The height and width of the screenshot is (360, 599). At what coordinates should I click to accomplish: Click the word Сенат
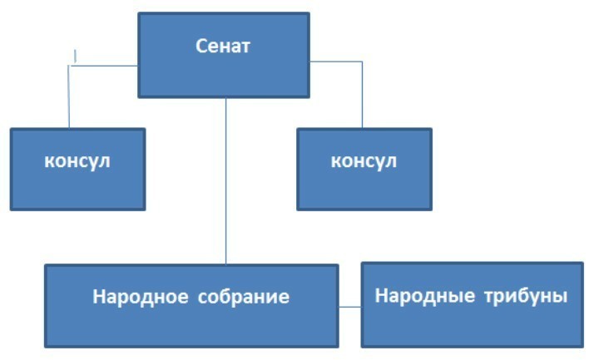(x=223, y=46)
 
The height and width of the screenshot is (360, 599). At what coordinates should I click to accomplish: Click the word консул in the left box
(x=77, y=160)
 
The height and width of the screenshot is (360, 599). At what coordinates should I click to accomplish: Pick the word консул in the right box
(x=364, y=160)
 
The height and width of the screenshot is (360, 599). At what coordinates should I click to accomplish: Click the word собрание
(x=244, y=297)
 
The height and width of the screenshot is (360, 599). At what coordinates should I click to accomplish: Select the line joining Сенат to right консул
(x=363, y=91)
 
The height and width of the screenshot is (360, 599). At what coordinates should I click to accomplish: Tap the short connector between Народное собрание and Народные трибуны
(x=350, y=307)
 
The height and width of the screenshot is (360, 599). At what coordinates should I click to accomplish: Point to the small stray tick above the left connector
(x=76, y=56)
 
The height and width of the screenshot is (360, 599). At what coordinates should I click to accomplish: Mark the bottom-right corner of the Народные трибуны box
(x=582, y=347)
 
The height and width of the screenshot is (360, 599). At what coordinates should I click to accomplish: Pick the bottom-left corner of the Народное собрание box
(x=45, y=347)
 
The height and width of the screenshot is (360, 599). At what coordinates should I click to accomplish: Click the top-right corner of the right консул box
(x=431, y=129)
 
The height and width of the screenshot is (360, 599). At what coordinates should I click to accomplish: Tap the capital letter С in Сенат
(x=201, y=46)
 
